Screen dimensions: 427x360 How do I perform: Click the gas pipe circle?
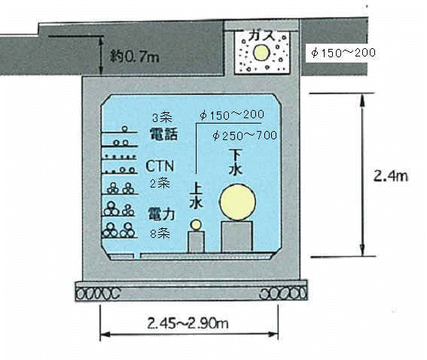[x=261, y=52]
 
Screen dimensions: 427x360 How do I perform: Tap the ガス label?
[x=262, y=35]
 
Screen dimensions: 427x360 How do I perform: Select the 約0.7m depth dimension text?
[x=135, y=57]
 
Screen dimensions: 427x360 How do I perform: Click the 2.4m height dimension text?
[x=391, y=176]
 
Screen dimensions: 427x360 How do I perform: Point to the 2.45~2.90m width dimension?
[x=188, y=324]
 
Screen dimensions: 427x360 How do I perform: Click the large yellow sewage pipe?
[x=238, y=202]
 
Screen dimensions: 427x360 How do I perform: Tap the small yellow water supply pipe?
[x=196, y=225]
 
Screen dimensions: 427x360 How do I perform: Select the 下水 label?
[x=236, y=162]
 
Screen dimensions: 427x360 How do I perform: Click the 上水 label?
[x=196, y=196]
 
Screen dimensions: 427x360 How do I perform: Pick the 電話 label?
[x=163, y=134]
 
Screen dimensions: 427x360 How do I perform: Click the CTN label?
[x=160, y=166]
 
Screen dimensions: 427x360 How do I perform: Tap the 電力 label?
[x=161, y=214]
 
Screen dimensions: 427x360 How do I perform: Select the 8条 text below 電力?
[x=160, y=233]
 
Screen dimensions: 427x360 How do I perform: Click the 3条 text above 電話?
[x=163, y=117]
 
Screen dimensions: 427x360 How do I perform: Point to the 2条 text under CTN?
[x=160, y=184]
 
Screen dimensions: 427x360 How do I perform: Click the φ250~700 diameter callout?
[x=245, y=136]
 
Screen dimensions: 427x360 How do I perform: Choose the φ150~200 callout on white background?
[x=343, y=53]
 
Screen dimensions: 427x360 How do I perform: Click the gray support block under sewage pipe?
[x=237, y=236]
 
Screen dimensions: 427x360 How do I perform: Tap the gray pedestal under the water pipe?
[x=196, y=242]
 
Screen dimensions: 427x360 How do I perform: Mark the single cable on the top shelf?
[x=125, y=129]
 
